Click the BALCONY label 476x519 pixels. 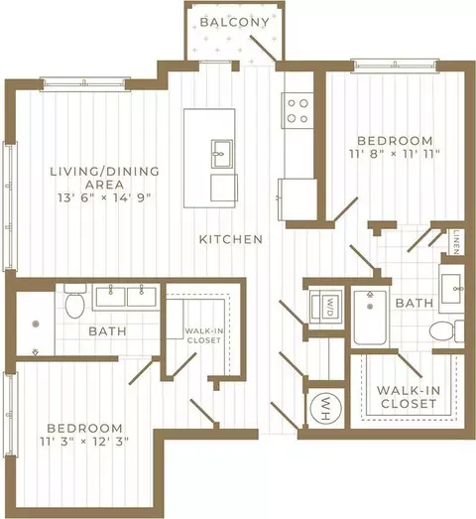[x=234, y=22]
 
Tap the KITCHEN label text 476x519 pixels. [x=231, y=239]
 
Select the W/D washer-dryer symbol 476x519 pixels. [x=326, y=307]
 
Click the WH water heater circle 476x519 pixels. [x=326, y=408]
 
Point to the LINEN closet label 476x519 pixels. [x=456, y=242]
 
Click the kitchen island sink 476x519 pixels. [x=221, y=153]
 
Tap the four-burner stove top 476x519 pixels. [x=297, y=110]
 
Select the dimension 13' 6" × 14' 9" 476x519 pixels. [x=104, y=197]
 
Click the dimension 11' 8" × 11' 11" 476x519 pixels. [x=395, y=154]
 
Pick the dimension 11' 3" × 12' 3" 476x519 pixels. [x=84, y=442]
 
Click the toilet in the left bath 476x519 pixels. [x=75, y=301]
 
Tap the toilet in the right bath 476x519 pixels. [x=447, y=330]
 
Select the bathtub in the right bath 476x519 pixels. [x=370, y=318]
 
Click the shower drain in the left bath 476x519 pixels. [x=36, y=324]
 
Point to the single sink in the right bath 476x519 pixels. [x=451, y=289]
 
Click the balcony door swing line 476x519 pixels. [x=264, y=49]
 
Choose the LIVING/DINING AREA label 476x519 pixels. [x=104, y=178]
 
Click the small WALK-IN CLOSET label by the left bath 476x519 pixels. [x=203, y=335]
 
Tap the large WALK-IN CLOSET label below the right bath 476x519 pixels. [x=409, y=397]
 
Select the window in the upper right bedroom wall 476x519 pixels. [x=395, y=65]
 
